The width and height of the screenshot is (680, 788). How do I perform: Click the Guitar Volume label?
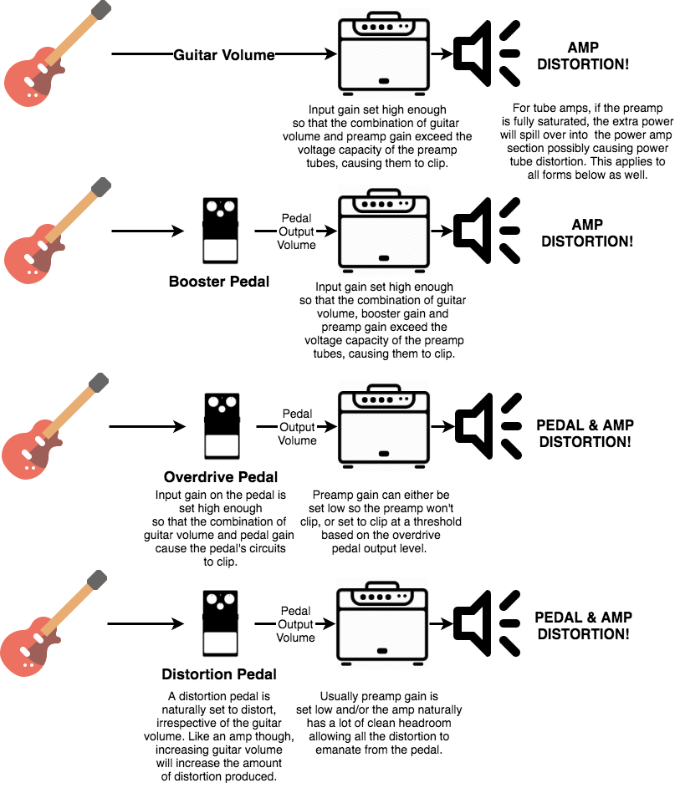[x=223, y=55]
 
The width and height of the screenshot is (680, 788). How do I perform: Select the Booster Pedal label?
[x=219, y=282]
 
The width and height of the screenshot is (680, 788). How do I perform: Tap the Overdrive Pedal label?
[x=221, y=478]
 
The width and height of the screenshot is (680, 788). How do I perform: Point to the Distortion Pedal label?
[x=219, y=674]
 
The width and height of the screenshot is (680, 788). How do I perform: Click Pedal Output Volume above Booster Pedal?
[x=297, y=231]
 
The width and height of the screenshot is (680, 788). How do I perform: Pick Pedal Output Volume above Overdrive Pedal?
[x=297, y=427]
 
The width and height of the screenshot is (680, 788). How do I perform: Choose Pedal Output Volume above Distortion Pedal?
[x=295, y=624]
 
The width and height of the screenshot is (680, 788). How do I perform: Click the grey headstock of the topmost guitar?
[x=100, y=9]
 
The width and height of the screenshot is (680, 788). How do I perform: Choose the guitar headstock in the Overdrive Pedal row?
[x=99, y=382]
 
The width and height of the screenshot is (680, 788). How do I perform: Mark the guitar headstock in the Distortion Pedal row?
[x=97, y=578]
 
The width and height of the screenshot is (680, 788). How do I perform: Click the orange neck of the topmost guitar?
[x=72, y=38]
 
